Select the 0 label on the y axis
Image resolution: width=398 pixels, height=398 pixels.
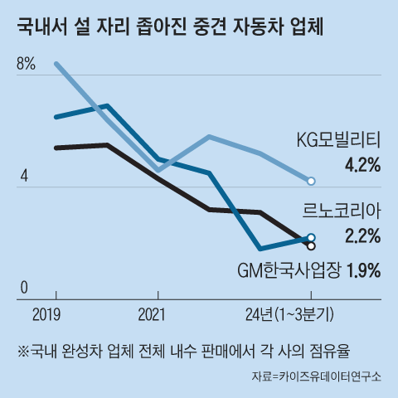(x=24, y=288)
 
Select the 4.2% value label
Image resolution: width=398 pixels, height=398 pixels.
(x=362, y=165)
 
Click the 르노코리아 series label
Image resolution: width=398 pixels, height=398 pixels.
(x=344, y=212)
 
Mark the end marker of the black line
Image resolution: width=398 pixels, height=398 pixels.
(x=311, y=245)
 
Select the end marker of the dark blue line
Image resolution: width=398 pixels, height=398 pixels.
(x=311, y=238)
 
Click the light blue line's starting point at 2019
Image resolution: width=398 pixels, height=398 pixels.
(x=56, y=64)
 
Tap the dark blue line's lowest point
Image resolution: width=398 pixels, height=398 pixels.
(x=260, y=248)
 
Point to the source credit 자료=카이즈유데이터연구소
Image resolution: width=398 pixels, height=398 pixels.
(x=316, y=376)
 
